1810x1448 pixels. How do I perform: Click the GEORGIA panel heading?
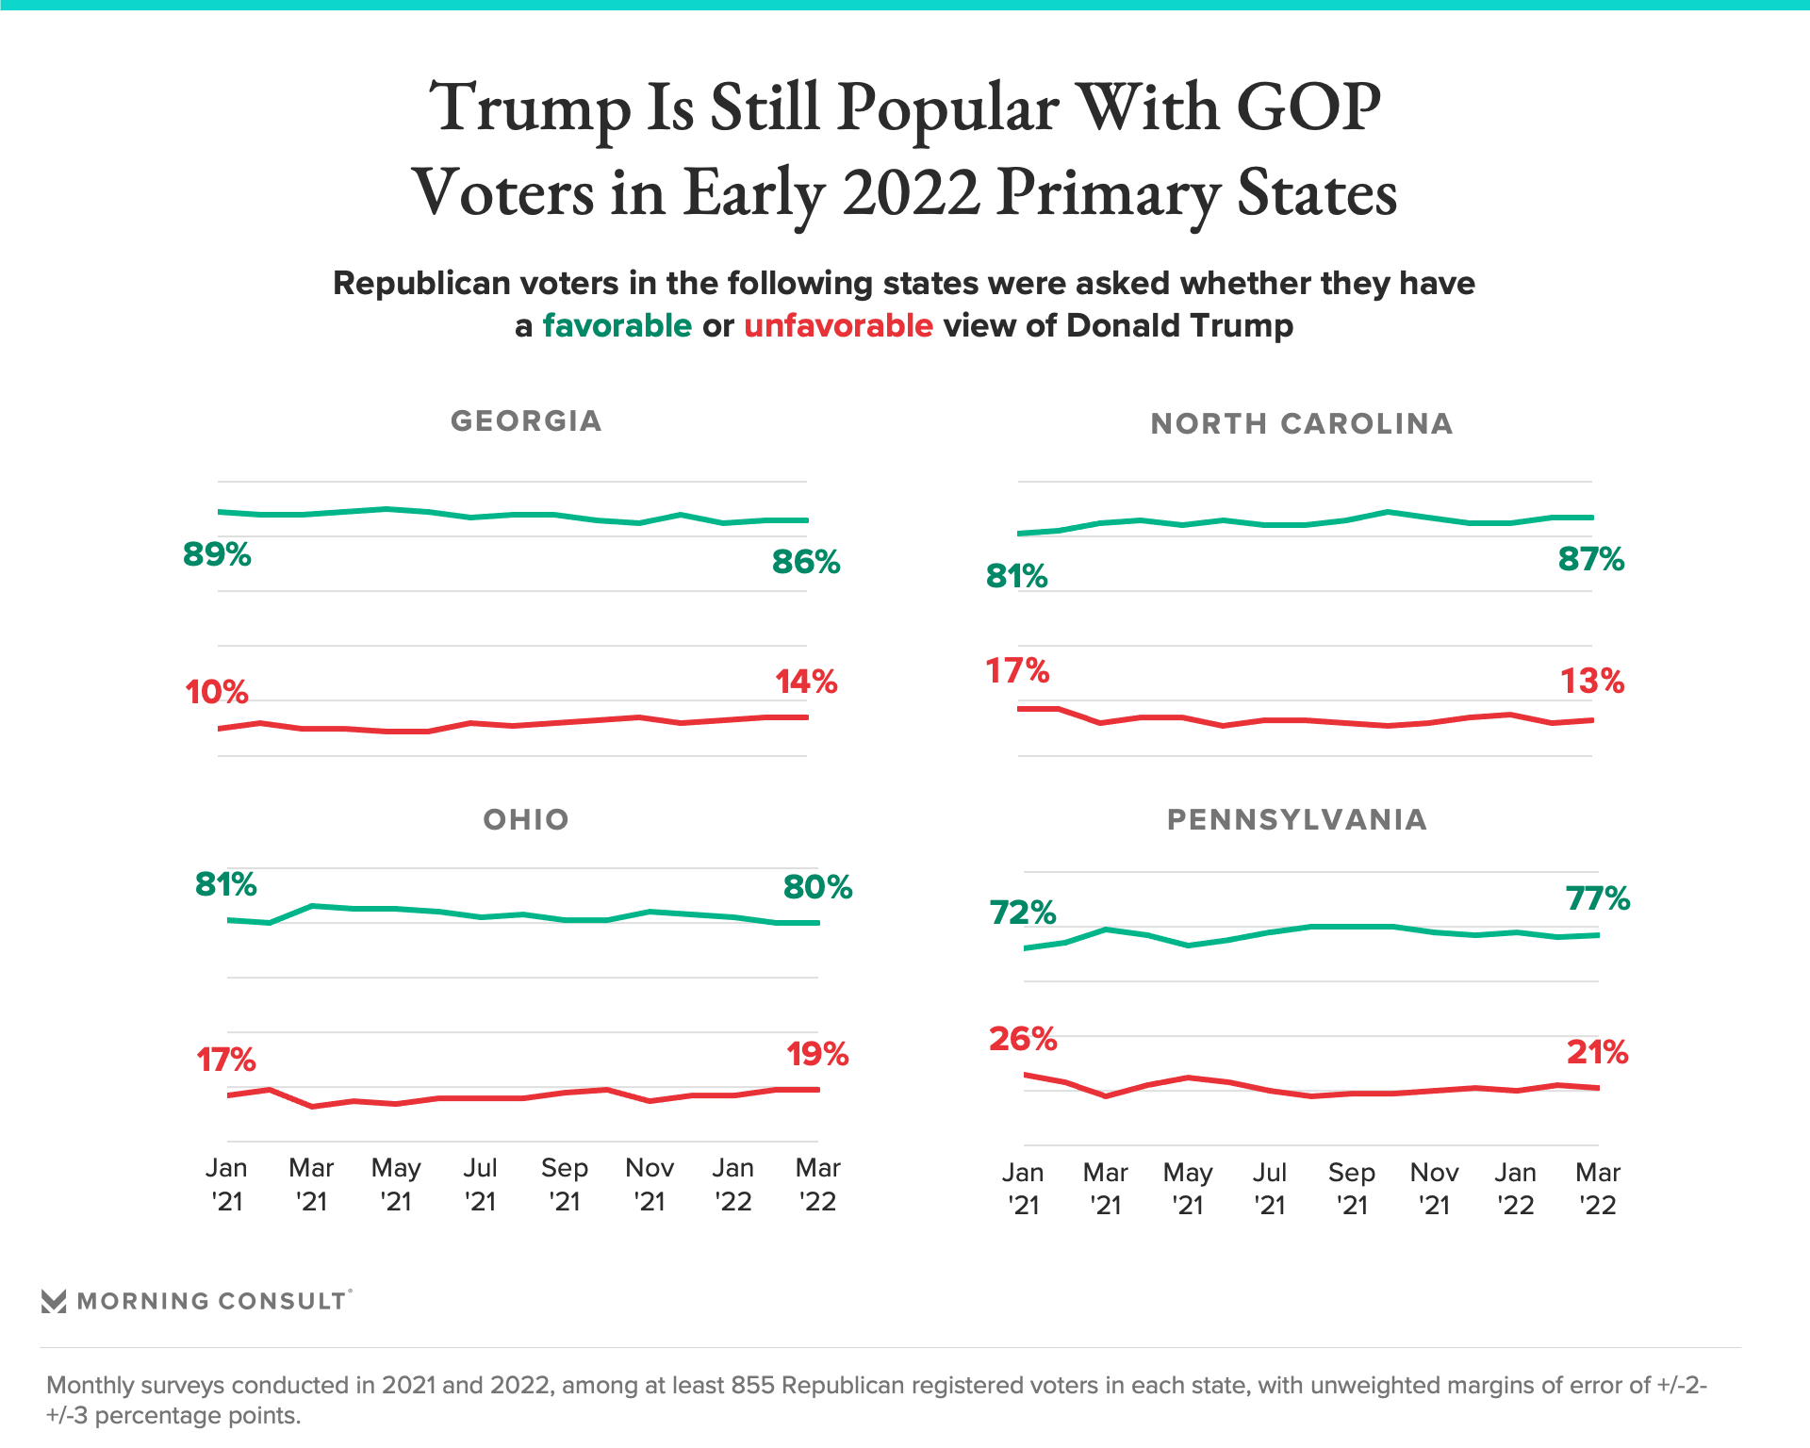pyautogui.click(x=526, y=420)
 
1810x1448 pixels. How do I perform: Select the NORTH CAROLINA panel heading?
pyautogui.click(x=1302, y=423)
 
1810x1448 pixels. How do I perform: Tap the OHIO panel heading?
pyautogui.click(x=526, y=819)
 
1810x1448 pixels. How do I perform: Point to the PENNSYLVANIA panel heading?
pyautogui.click(x=1297, y=819)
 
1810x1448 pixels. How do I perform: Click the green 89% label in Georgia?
pyautogui.click(x=217, y=554)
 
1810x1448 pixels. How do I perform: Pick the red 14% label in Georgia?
pyautogui.click(x=806, y=682)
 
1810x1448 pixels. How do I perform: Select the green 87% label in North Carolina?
pyautogui.click(x=1591, y=559)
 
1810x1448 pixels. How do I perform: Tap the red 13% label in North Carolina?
pyautogui.click(x=1592, y=681)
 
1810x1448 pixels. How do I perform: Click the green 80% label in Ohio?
pyautogui.click(x=817, y=887)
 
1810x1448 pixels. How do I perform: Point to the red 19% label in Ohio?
pyautogui.click(x=817, y=1054)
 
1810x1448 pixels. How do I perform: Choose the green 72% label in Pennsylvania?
pyautogui.click(x=1023, y=913)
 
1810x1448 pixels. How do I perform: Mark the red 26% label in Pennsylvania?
pyautogui.click(x=1023, y=1039)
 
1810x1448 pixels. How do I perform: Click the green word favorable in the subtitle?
pyautogui.click(x=617, y=325)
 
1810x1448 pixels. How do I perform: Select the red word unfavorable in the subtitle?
pyautogui.click(x=838, y=325)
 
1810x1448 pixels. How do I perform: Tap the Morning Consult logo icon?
pyautogui.click(x=54, y=1301)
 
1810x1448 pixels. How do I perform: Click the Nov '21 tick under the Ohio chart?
pyautogui.click(x=650, y=1184)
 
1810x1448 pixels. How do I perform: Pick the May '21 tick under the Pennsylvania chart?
pyautogui.click(x=1188, y=1189)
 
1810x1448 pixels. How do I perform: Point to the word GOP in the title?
pyautogui.click(x=1308, y=107)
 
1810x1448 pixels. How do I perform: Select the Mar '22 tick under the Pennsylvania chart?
pyautogui.click(x=1598, y=1189)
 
